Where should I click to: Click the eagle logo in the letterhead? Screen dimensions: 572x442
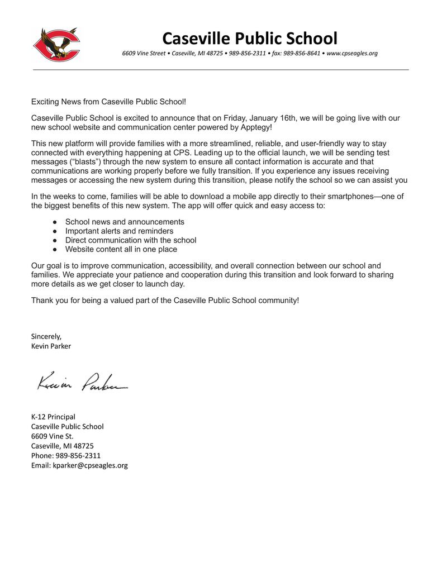click(56, 45)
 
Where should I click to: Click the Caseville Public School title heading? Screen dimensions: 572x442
click(250, 38)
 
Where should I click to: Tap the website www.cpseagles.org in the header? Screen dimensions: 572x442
click(352, 54)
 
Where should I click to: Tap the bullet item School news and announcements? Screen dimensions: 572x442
click(125, 222)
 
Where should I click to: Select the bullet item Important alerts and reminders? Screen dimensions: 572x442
click(119, 231)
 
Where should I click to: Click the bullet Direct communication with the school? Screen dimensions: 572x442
click(131, 240)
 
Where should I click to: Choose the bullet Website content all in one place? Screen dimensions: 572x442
click(121, 249)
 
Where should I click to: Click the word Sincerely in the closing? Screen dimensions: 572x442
click(46, 336)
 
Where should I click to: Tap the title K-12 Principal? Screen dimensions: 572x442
click(53, 417)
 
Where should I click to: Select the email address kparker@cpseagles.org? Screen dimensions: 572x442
click(90, 465)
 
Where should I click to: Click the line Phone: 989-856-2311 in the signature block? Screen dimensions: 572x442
click(66, 455)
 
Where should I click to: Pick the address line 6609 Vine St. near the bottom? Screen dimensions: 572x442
click(52, 436)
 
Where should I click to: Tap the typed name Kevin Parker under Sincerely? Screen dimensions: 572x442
click(51, 346)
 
